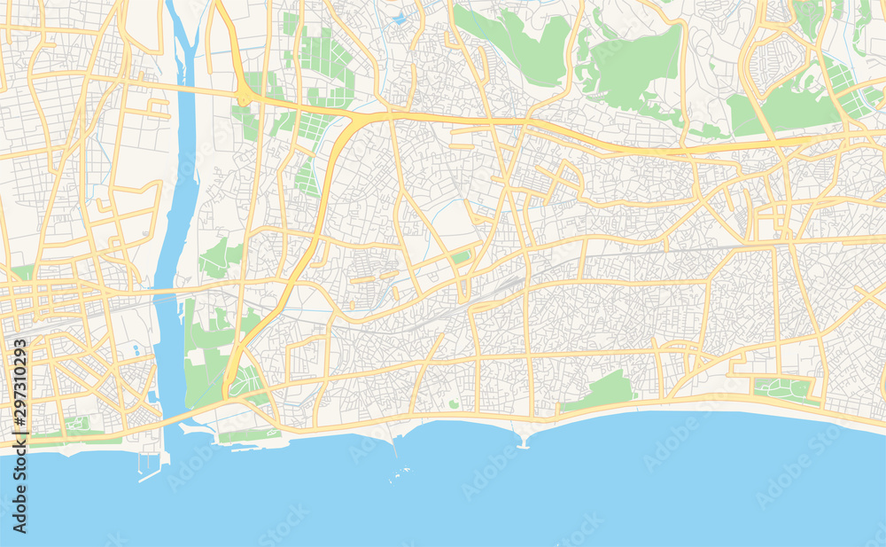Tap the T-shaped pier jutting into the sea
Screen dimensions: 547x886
pyautogui.click(x=522, y=441)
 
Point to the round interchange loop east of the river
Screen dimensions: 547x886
pyautogui.click(x=242, y=98)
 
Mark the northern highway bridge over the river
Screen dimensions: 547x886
pyautogui.click(x=184, y=88)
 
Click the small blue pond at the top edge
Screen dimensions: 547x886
pyautogui.click(x=399, y=18)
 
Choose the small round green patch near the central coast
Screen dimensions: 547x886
pyautogui.click(x=454, y=404)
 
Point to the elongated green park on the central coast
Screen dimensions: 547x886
pyautogui.click(x=602, y=391)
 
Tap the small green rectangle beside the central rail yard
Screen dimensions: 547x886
pyautogui.click(x=460, y=257)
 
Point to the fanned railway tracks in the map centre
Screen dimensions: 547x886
pyautogui.click(x=501, y=289)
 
